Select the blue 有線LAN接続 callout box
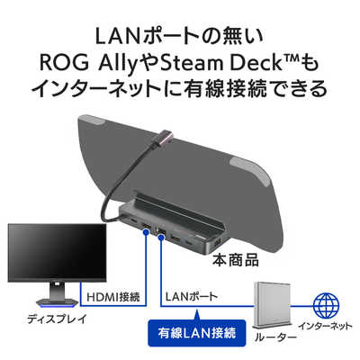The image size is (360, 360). (197, 333)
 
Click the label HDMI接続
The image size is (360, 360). (113, 297)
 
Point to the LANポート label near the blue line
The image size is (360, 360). (191, 297)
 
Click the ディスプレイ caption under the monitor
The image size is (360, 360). (57, 319)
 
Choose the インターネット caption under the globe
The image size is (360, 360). (326, 326)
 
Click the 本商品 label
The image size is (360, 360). (236, 260)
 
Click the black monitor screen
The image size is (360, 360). (57, 253)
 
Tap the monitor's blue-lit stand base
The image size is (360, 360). (57, 304)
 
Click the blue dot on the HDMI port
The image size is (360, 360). (147, 231)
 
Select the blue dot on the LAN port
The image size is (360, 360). (161, 238)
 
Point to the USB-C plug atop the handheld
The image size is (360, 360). (165, 138)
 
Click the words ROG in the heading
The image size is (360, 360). (60, 63)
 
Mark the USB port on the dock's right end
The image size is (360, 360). (218, 241)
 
